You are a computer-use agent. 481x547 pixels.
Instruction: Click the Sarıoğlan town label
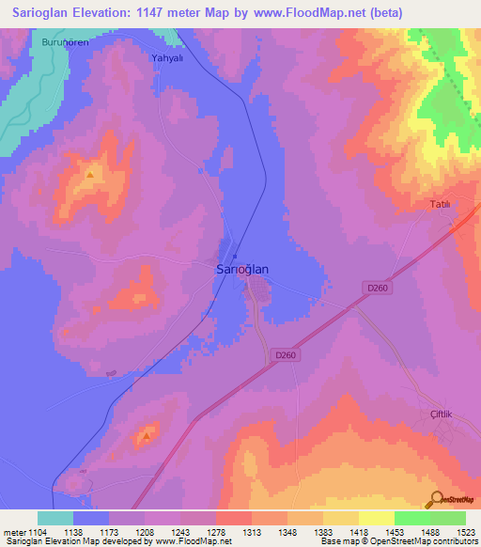click(237, 269)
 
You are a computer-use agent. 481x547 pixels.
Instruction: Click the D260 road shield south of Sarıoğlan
click(287, 354)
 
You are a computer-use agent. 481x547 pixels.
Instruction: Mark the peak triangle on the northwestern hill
click(90, 175)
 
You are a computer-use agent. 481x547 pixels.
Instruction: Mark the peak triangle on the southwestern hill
click(146, 436)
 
